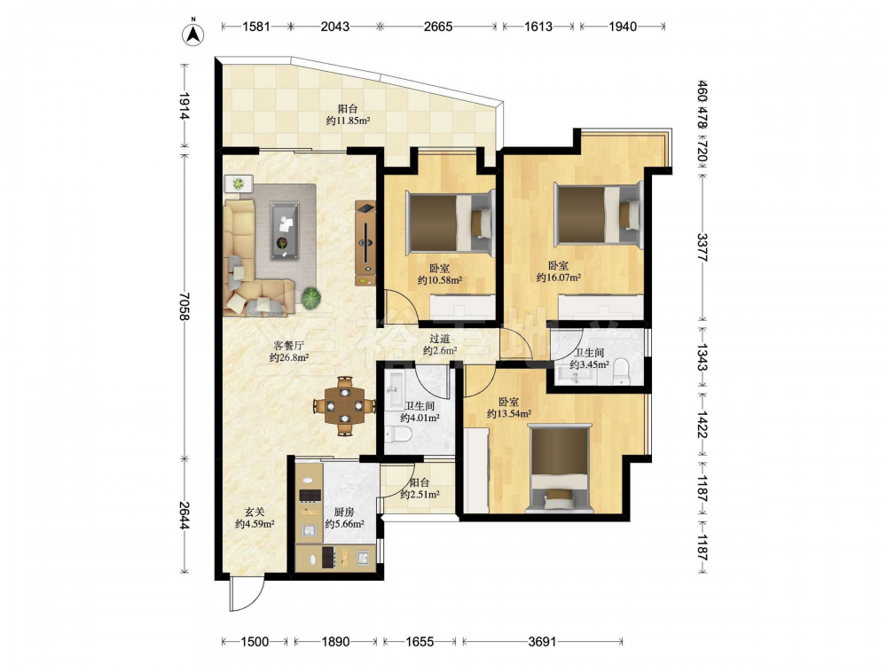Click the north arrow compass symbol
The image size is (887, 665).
click(x=192, y=34)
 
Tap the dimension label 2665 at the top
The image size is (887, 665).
click(x=438, y=26)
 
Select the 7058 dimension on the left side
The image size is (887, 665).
click(x=183, y=306)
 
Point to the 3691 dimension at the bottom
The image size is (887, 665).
click(x=542, y=641)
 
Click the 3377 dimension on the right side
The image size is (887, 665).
click(x=702, y=247)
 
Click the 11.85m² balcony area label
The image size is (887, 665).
click(x=348, y=121)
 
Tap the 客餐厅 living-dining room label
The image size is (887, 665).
click(x=288, y=345)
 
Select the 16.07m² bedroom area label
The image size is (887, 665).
click(x=558, y=278)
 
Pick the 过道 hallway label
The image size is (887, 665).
click(x=440, y=338)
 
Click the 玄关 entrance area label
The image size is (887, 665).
click(x=255, y=512)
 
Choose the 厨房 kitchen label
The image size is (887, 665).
click(x=344, y=512)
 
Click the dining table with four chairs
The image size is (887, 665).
click(x=344, y=405)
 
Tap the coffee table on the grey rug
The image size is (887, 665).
click(x=287, y=231)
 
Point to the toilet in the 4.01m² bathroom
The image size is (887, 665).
click(x=398, y=434)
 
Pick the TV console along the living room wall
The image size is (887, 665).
click(x=365, y=243)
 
